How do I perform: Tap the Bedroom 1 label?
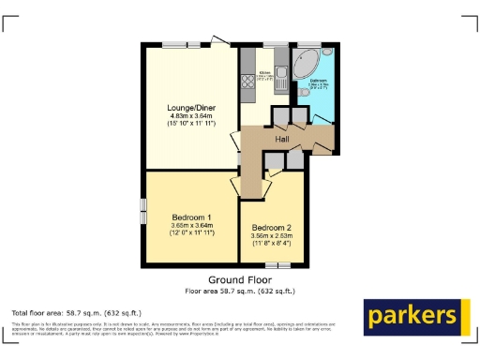pyautogui.click(x=191, y=217)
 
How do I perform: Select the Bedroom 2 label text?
pyautogui.click(x=271, y=228)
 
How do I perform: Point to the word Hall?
pyautogui.click(x=281, y=139)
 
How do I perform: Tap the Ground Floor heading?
pyautogui.click(x=239, y=280)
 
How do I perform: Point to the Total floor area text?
pyautogui.click(x=76, y=312)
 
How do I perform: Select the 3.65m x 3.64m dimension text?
pyautogui.click(x=192, y=225)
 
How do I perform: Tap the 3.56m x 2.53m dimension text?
pyautogui.click(x=271, y=236)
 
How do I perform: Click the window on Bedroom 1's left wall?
pyautogui.click(x=143, y=212)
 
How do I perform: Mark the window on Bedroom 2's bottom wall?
pyautogui.click(x=271, y=266)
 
